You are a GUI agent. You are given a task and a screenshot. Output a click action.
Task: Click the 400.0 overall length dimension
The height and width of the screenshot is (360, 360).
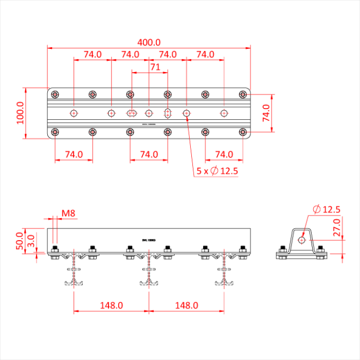[149, 42]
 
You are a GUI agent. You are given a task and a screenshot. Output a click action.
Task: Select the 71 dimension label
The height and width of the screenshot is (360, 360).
[155, 66]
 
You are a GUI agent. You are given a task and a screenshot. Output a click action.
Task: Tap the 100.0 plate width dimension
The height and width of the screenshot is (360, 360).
[20, 113]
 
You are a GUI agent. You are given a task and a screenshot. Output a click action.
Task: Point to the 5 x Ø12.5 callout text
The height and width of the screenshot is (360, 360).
[217, 171]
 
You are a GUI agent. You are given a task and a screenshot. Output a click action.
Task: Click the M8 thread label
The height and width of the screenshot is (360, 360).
[69, 213]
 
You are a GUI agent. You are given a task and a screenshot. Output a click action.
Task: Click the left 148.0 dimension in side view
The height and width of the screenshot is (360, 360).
[111, 305]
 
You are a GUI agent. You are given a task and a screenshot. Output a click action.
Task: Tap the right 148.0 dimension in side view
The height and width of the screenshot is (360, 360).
[186, 305]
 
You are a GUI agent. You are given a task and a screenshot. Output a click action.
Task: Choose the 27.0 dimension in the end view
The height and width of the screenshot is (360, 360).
[337, 227]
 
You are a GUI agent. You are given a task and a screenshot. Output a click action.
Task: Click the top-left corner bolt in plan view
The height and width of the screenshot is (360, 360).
[55, 94]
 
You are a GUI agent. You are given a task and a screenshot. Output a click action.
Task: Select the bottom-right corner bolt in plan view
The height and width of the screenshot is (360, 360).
[243, 132]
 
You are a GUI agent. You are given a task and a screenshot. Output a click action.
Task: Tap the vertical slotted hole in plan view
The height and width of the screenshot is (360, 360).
[168, 113]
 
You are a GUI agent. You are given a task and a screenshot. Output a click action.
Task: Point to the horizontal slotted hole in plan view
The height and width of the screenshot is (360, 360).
[131, 113]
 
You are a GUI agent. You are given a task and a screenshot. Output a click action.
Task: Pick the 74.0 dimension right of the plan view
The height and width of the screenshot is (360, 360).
[266, 113]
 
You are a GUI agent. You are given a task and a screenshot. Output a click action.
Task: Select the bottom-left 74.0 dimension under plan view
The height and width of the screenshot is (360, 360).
[74, 154]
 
